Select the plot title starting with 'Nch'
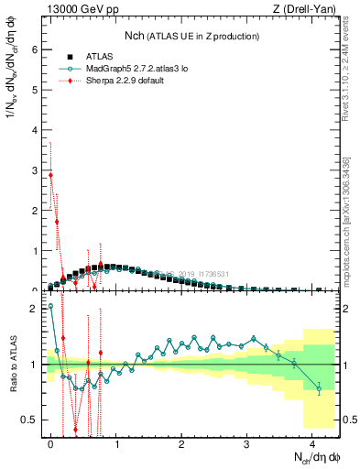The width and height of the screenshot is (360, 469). pyautogui.click(x=191, y=36)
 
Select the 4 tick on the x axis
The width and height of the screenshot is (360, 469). pyautogui.click(x=312, y=444)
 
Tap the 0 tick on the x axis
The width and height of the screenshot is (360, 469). pyautogui.click(x=51, y=444)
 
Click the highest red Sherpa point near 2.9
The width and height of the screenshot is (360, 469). pyautogui.click(x=50, y=175)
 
